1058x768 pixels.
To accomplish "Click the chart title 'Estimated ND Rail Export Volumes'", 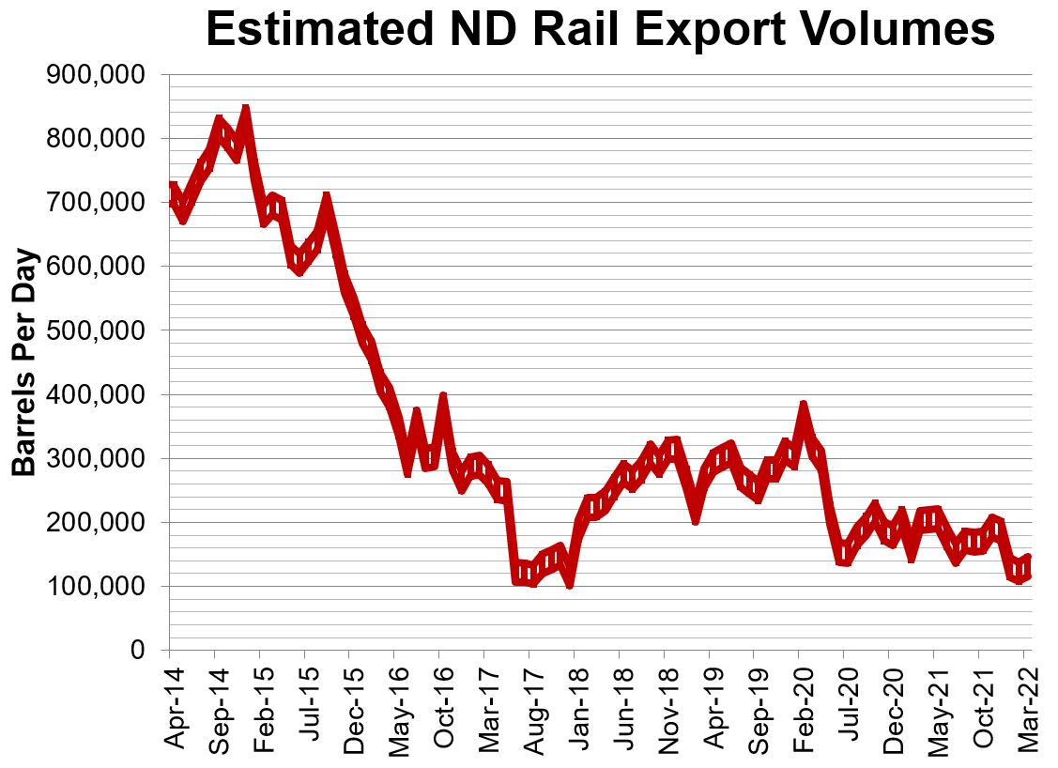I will tap(600, 30).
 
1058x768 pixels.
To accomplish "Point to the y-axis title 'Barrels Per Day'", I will tap(25, 362).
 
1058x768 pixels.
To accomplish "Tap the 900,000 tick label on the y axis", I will tap(95, 74).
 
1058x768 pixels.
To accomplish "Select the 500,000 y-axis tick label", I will tap(95, 330).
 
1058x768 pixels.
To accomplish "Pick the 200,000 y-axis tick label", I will tap(95, 522).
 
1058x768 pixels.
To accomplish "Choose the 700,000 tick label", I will tap(95, 203).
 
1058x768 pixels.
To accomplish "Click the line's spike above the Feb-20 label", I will tap(804, 407).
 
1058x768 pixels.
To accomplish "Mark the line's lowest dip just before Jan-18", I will tap(570, 583).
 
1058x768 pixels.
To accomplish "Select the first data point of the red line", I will tap(172, 186).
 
